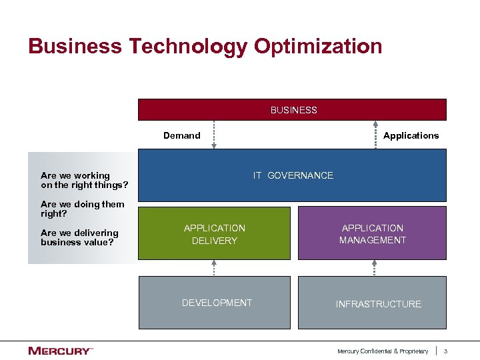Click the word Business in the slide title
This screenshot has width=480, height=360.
point(75,47)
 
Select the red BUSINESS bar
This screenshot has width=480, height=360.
point(292,109)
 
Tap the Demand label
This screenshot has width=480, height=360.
point(181,135)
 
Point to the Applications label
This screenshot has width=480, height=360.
point(411,135)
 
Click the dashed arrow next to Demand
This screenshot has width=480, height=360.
point(214,135)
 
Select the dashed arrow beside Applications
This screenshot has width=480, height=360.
point(374,135)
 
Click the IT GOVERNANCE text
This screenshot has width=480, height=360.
point(293,175)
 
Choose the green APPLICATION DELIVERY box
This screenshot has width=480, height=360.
point(215,233)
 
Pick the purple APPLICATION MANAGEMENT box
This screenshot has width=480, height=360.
point(372,233)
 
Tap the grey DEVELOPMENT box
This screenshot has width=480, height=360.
point(216,303)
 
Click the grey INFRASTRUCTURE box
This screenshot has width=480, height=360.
point(377,304)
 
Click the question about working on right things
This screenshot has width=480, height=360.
point(84,180)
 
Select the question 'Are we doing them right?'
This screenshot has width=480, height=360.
point(82,209)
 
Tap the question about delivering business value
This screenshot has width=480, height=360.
point(79,237)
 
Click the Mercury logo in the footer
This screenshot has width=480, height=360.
point(60,351)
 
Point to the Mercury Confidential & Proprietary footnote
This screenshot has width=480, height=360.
point(382,351)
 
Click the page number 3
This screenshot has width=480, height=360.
point(446,351)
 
